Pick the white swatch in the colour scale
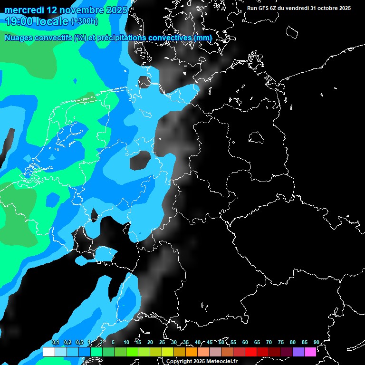click(48, 352)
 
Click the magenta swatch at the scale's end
click(310, 352)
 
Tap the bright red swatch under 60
click(251, 352)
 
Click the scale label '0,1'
click(55, 343)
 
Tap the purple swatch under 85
click(298, 352)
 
